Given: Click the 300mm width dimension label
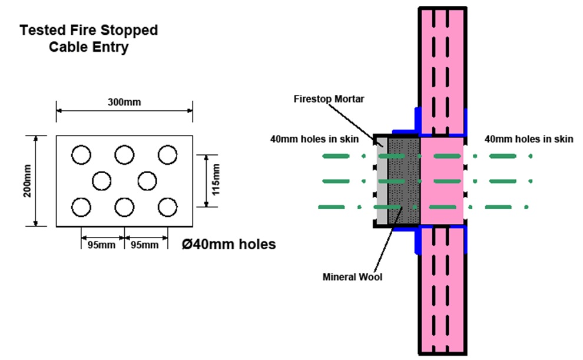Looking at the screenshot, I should [x=124, y=103].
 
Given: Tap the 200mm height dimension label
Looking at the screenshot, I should [x=28, y=181].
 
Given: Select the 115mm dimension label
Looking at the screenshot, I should [x=216, y=181].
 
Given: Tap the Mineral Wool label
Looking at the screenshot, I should [x=353, y=276].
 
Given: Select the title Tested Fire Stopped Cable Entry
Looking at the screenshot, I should [x=89, y=38].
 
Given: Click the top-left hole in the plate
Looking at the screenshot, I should [x=81, y=155].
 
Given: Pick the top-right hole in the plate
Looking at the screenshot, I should [x=168, y=155].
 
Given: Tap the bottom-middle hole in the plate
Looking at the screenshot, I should [x=124, y=207].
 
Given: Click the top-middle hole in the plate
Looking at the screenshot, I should [x=124, y=155].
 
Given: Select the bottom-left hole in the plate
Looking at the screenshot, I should [x=81, y=207].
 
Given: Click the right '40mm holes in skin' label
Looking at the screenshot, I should [x=528, y=139].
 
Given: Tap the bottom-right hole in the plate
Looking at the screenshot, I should [x=168, y=207].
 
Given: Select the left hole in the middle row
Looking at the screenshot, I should [x=102, y=181].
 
